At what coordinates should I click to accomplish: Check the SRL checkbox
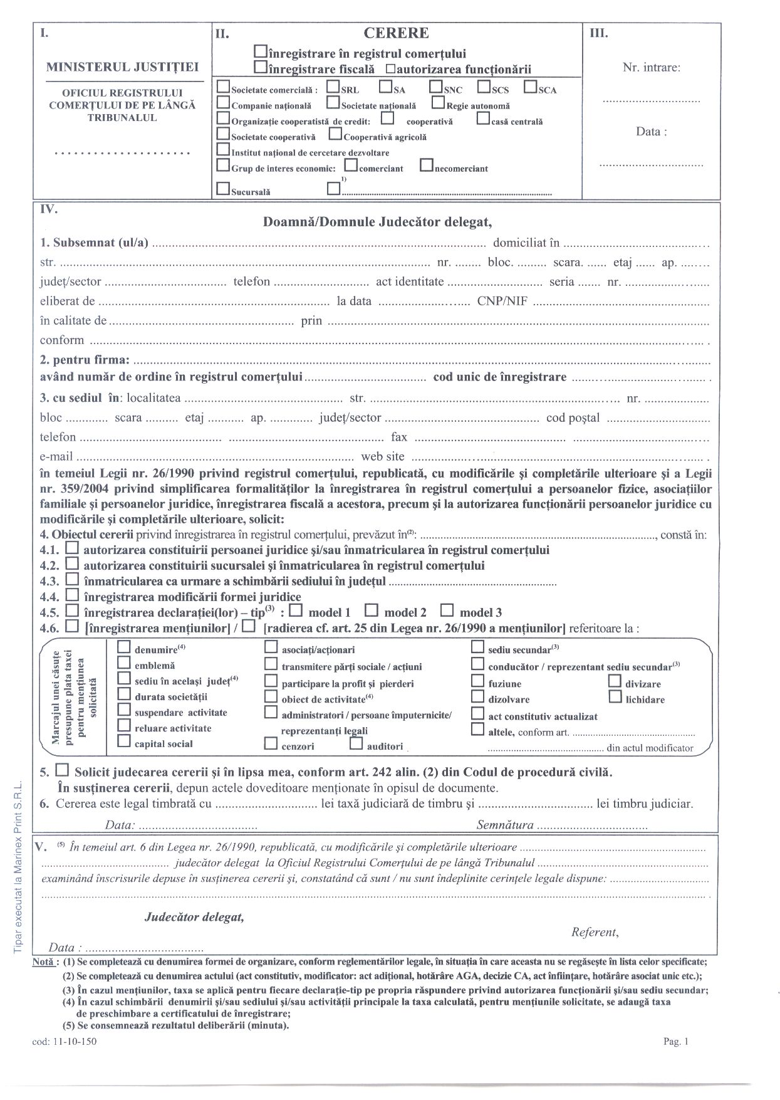[333, 88]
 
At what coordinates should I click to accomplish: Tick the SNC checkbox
[436, 88]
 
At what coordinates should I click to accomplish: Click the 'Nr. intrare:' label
[652, 68]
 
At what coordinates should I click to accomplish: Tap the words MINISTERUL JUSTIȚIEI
[123, 67]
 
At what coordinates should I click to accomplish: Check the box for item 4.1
[73, 548]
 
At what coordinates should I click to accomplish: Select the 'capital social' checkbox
[124, 742]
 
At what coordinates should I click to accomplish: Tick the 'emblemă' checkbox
[124, 663]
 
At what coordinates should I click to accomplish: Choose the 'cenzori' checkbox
[271, 744]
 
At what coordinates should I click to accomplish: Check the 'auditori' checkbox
[356, 744]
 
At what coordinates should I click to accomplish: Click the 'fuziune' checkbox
[477, 681]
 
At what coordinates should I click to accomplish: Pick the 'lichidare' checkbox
[615, 696]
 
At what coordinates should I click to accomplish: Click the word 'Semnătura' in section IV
[505, 825]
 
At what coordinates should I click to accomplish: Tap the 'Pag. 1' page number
[676, 1042]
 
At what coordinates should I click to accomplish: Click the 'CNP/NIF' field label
[502, 301]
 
